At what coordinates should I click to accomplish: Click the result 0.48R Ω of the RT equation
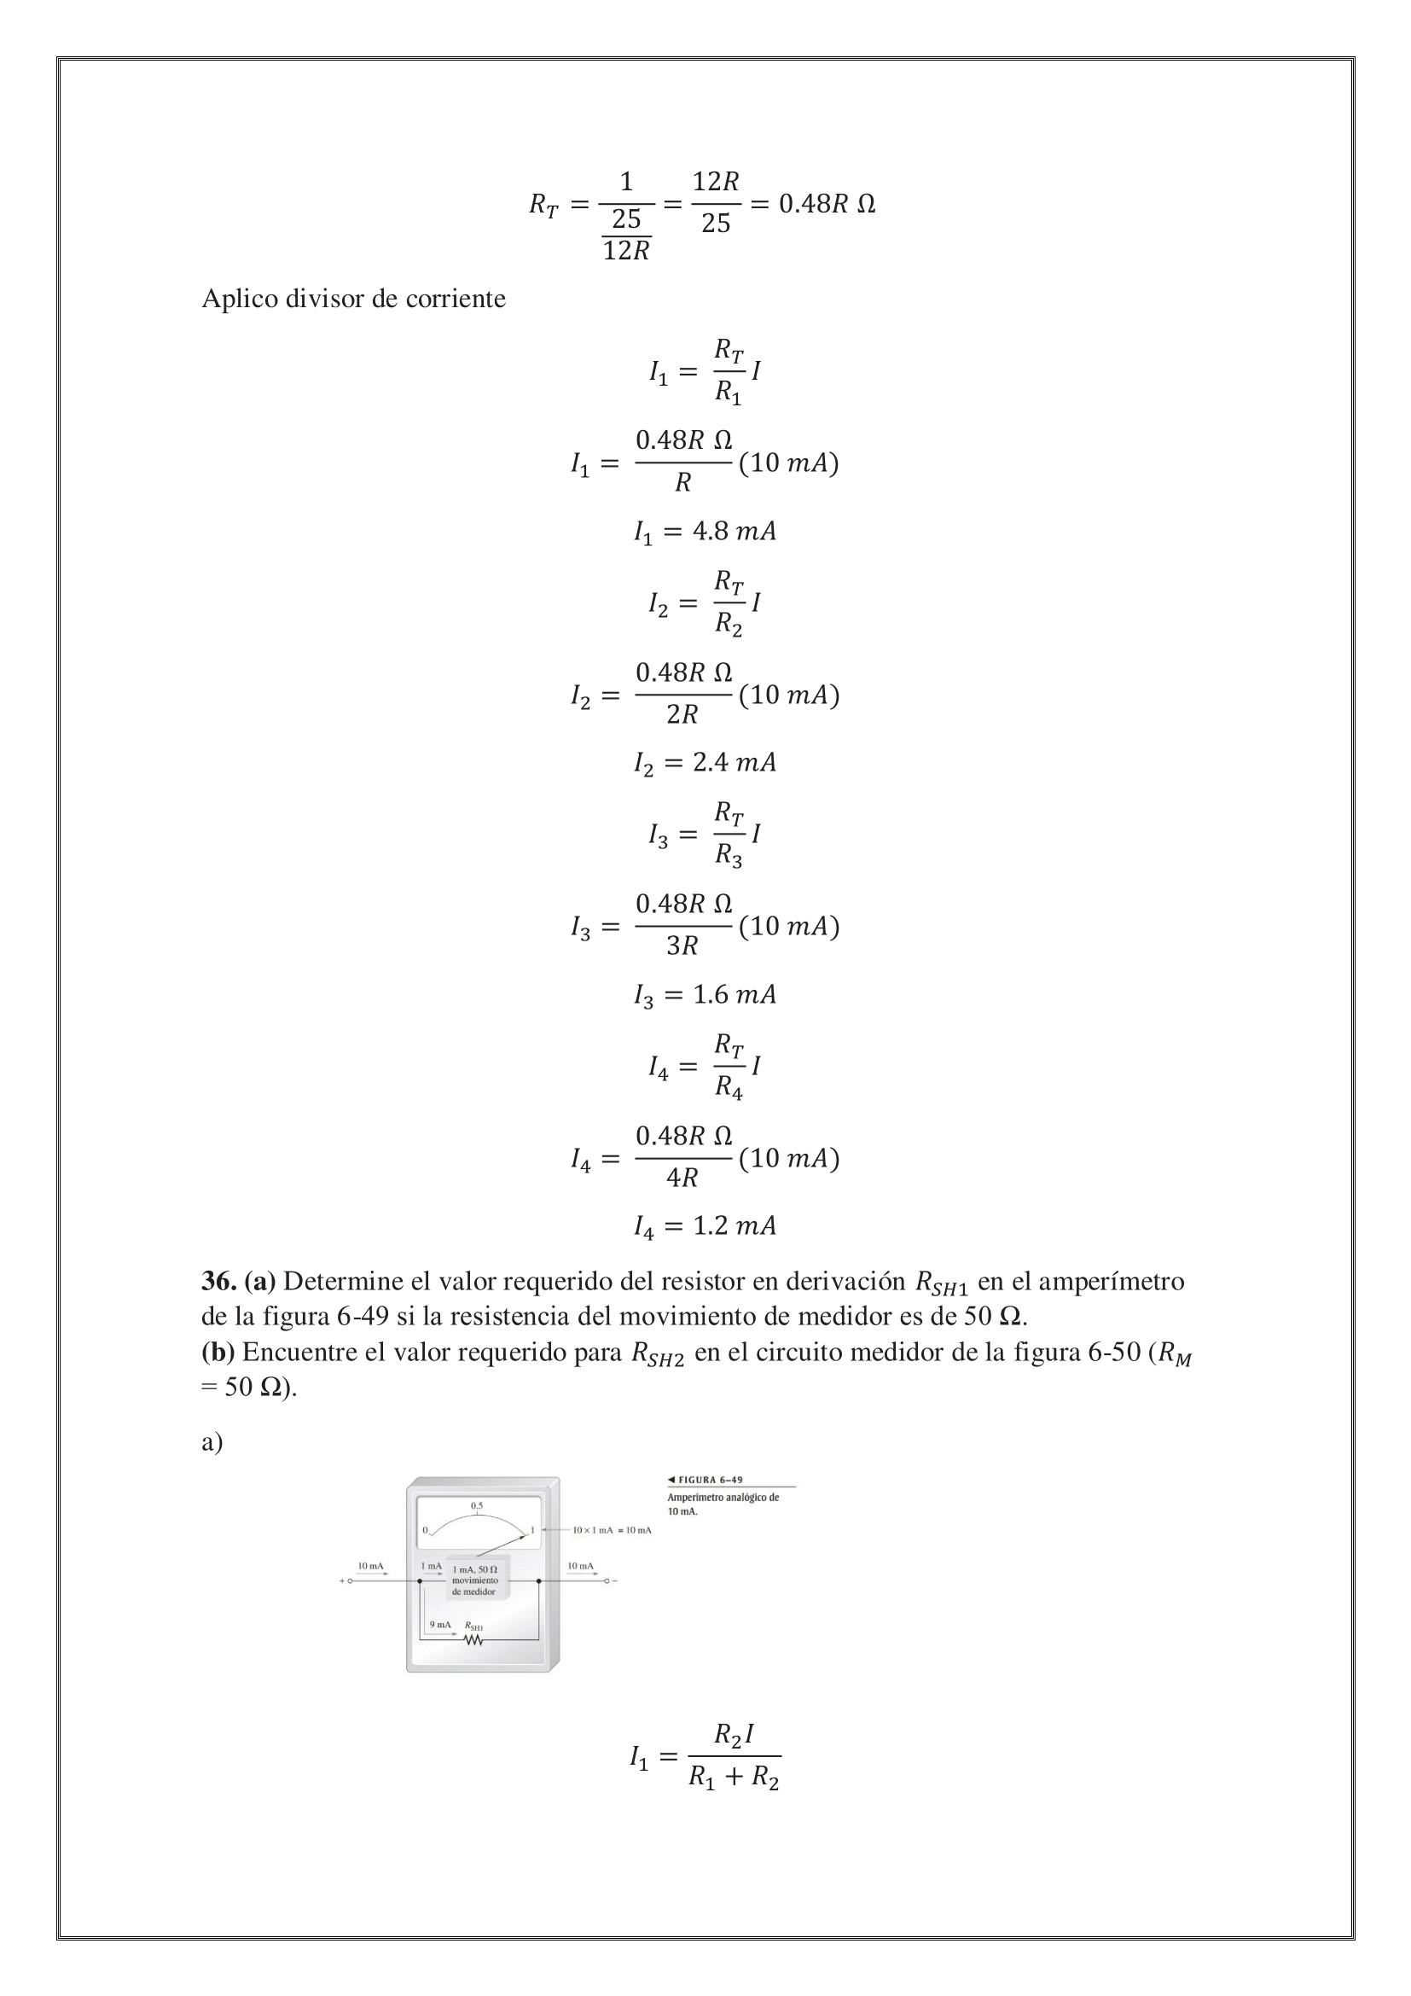pos(827,204)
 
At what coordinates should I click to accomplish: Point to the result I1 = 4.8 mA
pos(705,531)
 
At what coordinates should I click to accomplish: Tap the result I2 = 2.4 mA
pos(705,763)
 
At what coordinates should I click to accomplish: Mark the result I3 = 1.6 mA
pos(705,994)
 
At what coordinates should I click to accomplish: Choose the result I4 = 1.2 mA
pos(705,1226)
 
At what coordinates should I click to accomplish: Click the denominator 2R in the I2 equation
pos(682,714)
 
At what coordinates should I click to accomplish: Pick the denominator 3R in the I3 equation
pos(682,946)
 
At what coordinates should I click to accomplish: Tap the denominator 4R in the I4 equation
pos(682,1178)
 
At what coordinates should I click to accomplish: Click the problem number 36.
pos(218,1282)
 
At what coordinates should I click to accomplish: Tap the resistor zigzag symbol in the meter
pos(473,1640)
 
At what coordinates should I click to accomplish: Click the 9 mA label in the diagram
pos(440,1624)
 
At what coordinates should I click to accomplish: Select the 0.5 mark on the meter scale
pos(477,1504)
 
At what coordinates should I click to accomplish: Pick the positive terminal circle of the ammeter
pos(349,1581)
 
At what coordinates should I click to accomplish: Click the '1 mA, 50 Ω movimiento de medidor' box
pos(475,1580)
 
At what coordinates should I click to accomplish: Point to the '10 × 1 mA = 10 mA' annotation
pos(612,1529)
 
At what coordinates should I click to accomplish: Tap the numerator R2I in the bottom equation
pos(734,1734)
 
